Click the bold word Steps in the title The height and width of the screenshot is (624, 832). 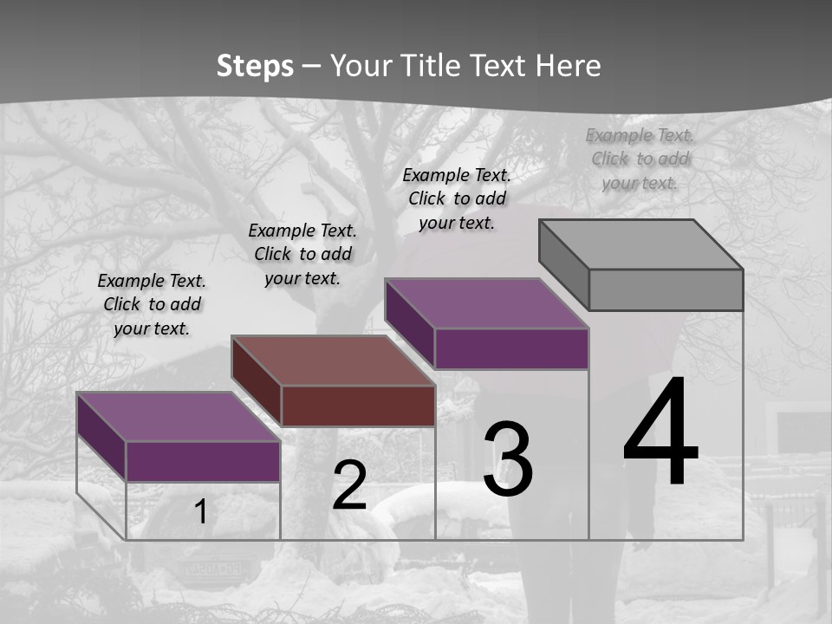255,66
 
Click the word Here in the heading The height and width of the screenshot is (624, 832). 568,66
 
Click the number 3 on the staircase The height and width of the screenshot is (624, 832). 508,459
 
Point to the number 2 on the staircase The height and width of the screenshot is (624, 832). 349,486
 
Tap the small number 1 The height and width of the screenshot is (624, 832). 201,512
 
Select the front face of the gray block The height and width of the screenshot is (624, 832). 666,289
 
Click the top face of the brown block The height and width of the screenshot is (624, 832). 333,361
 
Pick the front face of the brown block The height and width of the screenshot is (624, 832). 358,406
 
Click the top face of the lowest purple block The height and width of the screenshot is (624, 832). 179,417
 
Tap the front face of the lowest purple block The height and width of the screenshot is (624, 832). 203,461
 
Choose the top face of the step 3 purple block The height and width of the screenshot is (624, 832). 487,303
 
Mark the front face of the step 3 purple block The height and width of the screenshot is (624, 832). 511,348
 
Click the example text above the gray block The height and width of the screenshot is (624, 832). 640,159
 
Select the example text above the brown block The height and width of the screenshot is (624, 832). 302,254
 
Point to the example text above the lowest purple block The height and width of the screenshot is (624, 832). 152,304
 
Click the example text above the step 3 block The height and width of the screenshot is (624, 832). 457,198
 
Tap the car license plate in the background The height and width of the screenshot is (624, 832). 208,569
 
